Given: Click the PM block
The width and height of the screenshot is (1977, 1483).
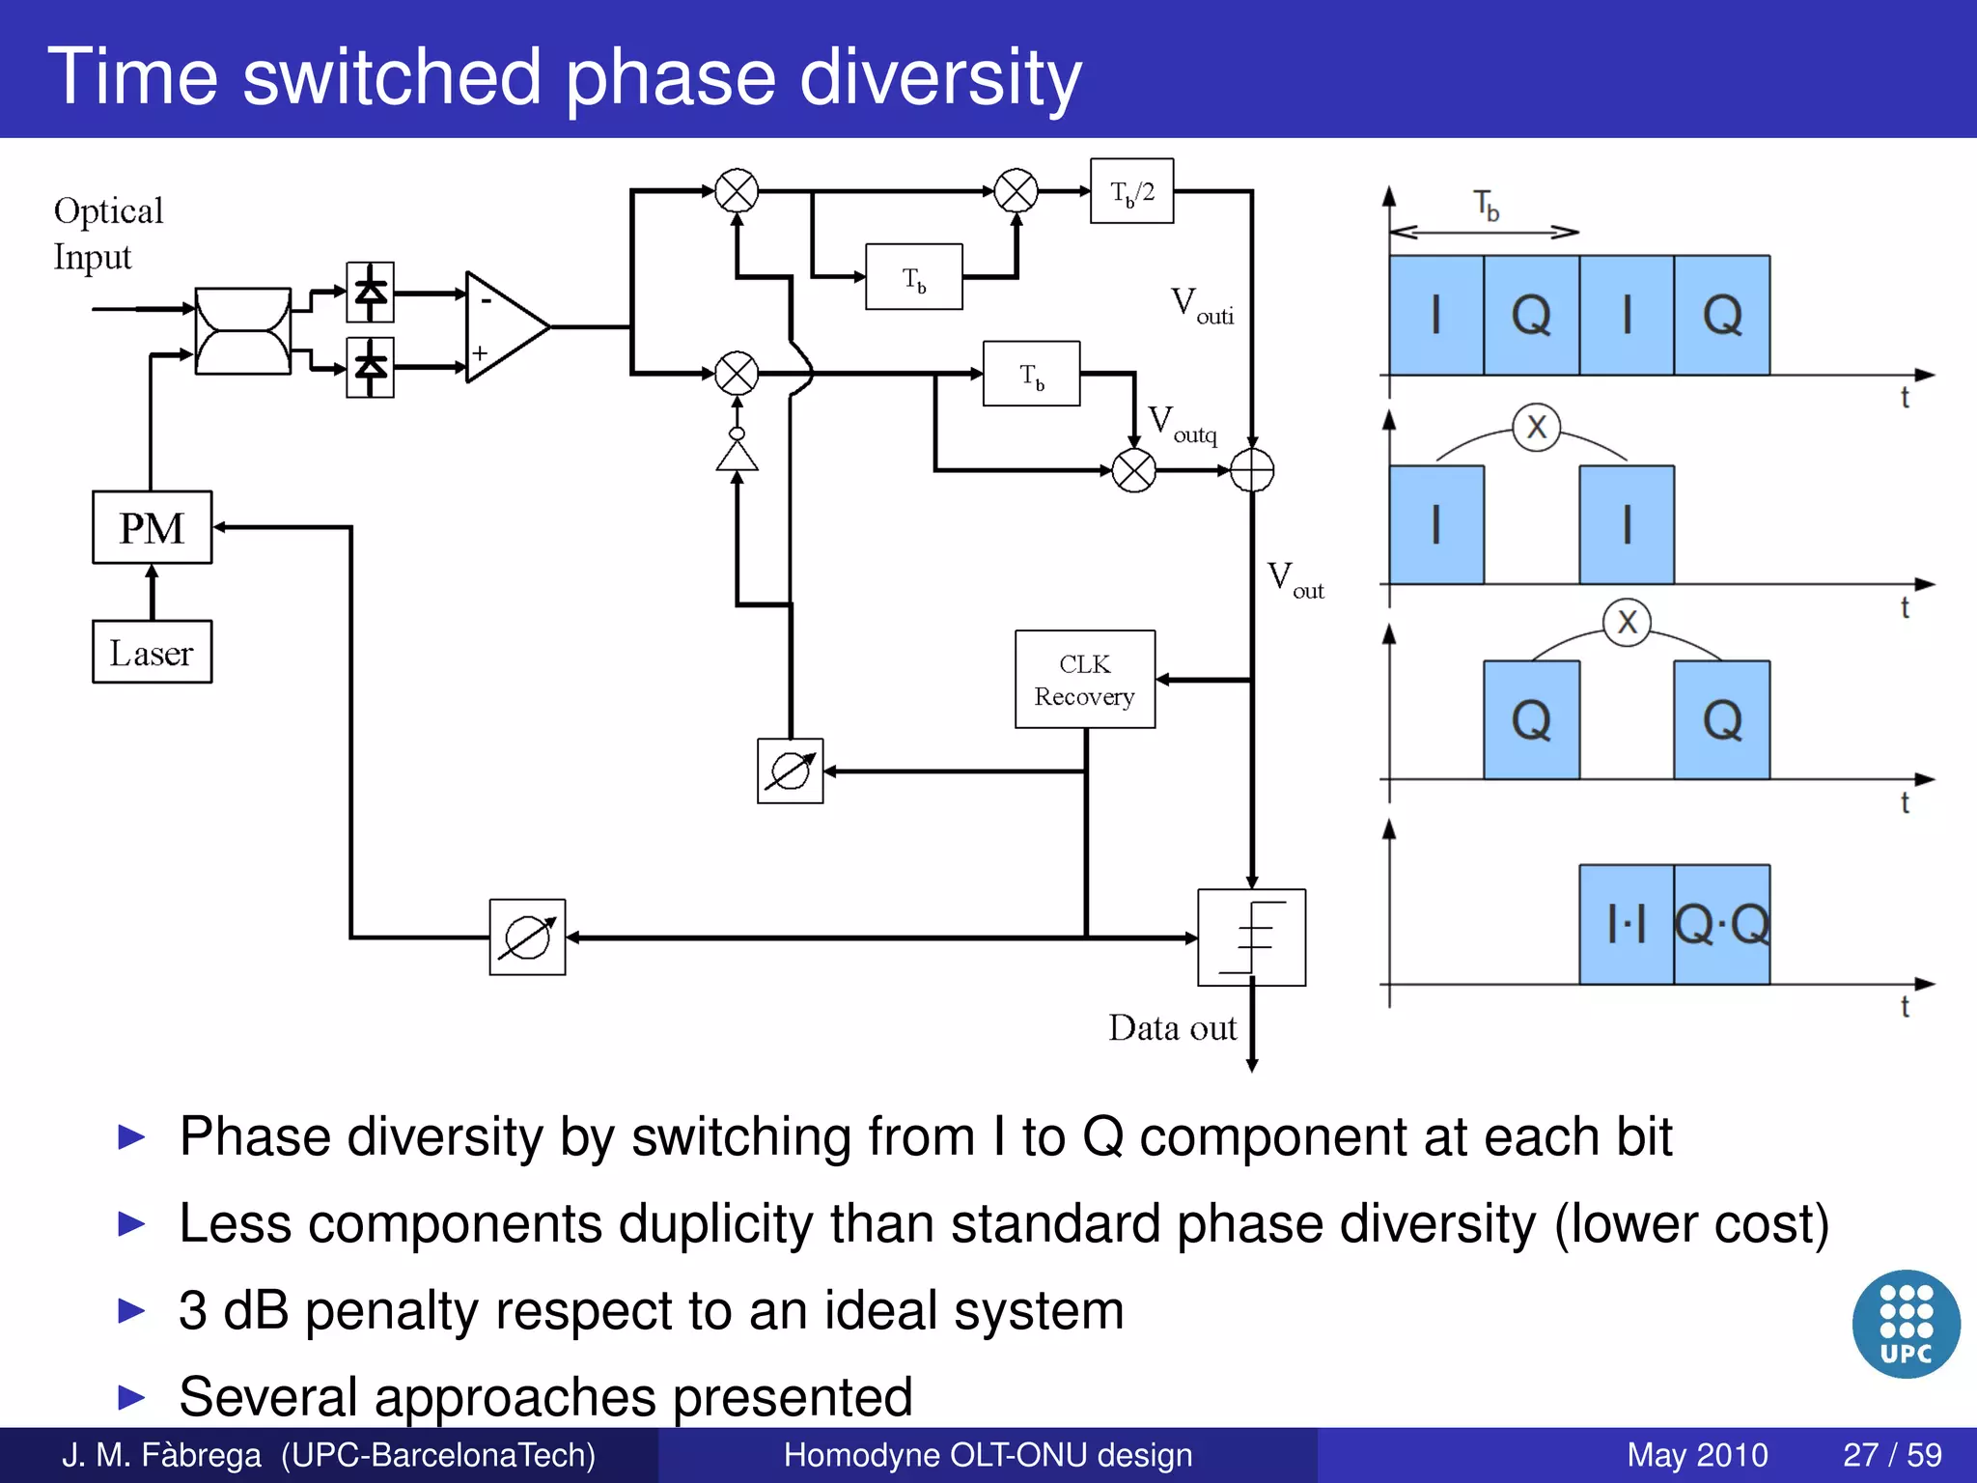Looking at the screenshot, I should tap(152, 527).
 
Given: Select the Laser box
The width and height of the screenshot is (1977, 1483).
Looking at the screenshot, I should tap(152, 653).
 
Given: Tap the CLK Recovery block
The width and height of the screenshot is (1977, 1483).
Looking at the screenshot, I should tap(1084, 680).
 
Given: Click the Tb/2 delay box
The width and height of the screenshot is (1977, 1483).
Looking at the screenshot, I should tap(1131, 191).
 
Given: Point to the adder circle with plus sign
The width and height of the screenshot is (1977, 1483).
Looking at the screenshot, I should tap(1252, 471).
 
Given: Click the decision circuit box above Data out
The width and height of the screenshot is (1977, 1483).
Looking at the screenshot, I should tap(1251, 937).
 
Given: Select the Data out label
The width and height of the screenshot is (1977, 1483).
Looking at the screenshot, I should tap(1171, 1028).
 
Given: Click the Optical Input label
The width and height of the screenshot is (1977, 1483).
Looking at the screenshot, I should tap(107, 234).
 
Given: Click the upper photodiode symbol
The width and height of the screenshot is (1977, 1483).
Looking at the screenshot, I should tap(370, 292).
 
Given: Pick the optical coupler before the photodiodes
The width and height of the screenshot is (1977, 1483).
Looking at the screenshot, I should tap(242, 331).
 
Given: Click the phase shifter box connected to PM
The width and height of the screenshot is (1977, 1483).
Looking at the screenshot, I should tap(527, 937).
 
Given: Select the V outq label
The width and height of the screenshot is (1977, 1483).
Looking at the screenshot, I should tap(1182, 426).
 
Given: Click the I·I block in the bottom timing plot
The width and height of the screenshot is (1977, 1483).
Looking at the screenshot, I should tap(1626, 925).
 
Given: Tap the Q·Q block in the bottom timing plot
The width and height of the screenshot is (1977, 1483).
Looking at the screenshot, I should tap(1721, 925).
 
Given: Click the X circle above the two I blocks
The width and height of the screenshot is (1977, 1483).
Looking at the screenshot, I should tap(1536, 427).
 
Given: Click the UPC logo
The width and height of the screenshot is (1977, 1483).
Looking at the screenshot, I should tap(1906, 1324).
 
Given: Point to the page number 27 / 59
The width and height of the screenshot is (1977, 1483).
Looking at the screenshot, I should tap(1891, 1455).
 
